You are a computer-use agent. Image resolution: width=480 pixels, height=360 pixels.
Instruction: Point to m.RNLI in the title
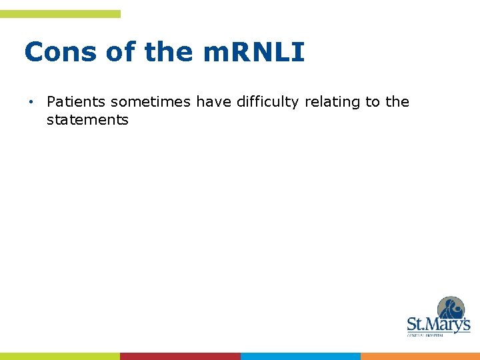254,52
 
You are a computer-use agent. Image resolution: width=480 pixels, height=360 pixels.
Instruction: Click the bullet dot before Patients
31,102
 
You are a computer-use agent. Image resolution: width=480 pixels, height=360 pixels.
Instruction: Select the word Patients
77,102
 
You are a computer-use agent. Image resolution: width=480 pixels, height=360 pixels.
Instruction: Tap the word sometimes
151,102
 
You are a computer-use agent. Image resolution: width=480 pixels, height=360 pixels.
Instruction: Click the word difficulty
269,102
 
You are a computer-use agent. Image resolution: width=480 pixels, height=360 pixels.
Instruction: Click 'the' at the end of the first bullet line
397,102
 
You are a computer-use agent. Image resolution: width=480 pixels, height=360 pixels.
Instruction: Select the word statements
87,121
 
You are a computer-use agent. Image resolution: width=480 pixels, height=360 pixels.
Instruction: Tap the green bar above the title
60,14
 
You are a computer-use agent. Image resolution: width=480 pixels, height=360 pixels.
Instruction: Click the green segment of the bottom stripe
60,356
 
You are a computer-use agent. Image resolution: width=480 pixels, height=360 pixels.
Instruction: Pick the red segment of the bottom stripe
180,356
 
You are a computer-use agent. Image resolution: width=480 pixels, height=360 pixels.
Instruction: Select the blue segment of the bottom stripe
300,356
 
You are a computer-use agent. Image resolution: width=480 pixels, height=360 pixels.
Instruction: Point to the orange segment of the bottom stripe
420,356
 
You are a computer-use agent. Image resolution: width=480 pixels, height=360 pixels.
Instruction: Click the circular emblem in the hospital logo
451,309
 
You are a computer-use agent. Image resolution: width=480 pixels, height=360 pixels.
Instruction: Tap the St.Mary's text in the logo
438,325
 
